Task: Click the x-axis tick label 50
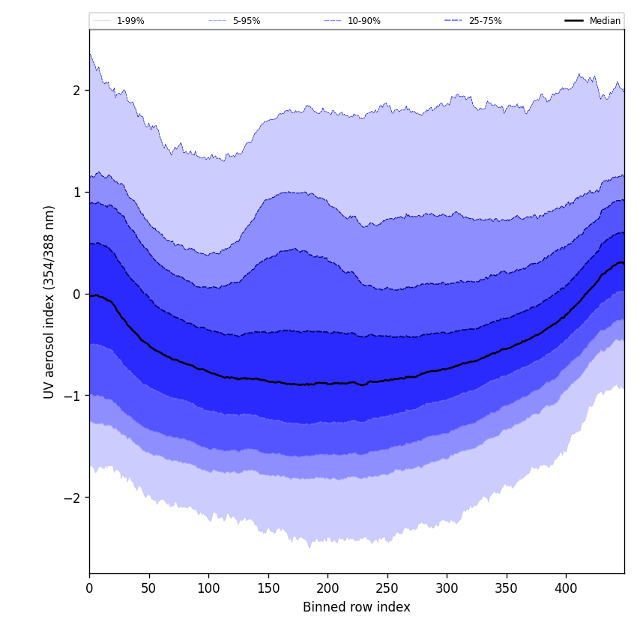(x=148, y=588)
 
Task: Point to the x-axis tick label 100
(x=208, y=588)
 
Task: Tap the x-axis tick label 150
(x=268, y=588)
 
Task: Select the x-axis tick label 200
(x=327, y=588)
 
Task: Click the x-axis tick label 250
(x=387, y=588)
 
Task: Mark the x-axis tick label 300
(x=447, y=588)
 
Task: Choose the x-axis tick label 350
(x=506, y=588)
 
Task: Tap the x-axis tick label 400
(x=566, y=588)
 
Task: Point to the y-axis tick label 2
(x=76, y=91)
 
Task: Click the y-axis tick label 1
(x=76, y=193)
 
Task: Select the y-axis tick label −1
(x=72, y=396)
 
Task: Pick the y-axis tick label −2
(x=72, y=498)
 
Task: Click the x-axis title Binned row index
(x=357, y=608)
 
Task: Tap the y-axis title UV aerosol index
(x=50, y=301)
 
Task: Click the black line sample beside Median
(x=574, y=21)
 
